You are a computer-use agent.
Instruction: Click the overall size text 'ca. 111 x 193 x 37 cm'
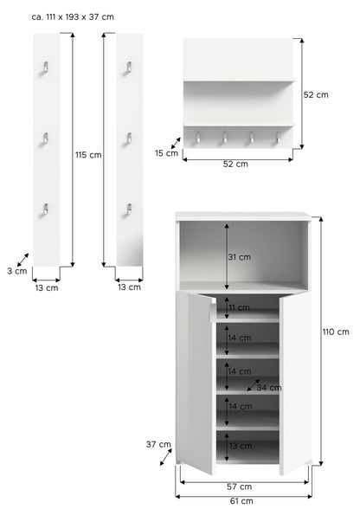(73, 17)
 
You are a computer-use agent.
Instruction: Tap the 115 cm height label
(88, 155)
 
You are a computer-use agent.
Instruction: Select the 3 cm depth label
(17, 271)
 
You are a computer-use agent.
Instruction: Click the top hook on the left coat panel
(45, 67)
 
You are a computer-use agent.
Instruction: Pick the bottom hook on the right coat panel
(129, 209)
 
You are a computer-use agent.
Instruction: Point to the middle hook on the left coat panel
(45, 139)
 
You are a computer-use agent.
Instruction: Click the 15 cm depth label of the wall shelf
(166, 153)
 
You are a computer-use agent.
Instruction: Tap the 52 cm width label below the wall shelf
(235, 164)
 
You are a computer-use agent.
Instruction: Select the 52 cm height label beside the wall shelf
(316, 95)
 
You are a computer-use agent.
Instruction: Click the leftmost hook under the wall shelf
(197, 138)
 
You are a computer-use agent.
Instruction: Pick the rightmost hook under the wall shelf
(278, 138)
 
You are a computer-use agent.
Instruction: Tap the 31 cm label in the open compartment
(239, 257)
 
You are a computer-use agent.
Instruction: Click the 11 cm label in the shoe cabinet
(239, 308)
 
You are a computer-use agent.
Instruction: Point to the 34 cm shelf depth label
(269, 388)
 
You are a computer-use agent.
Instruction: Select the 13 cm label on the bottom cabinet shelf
(241, 446)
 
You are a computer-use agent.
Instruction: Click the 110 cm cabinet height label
(336, 332)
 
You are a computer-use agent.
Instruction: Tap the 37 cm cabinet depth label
(158, 444)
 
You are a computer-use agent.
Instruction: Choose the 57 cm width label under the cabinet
(239, 486)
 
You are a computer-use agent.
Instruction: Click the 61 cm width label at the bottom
(241, 501)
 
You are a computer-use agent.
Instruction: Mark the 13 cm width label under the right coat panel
(129, 287)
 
